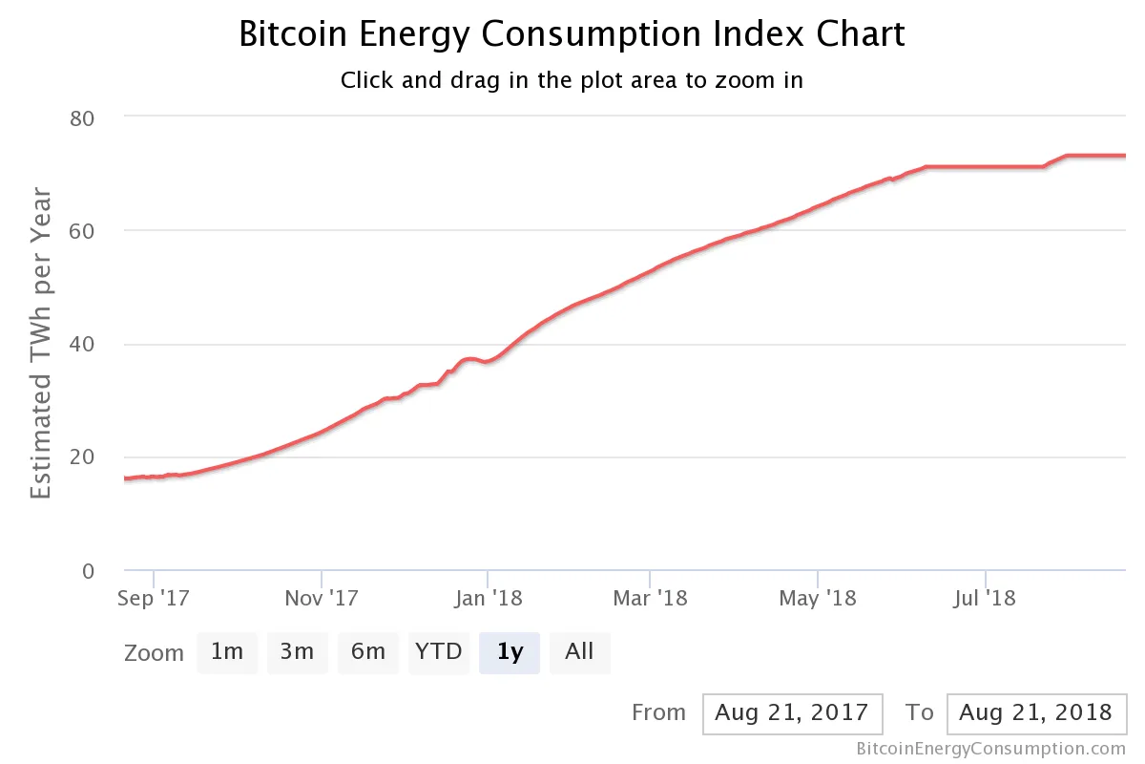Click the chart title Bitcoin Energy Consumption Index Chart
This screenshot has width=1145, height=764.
[x=572, y=34]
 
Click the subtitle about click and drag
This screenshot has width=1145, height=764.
[x=572, y=80]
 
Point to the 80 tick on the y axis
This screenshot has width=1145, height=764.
[x=83, y=117]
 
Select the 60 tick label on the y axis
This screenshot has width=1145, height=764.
[x=83, y=231]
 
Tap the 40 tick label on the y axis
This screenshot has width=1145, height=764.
[x=83, y=345]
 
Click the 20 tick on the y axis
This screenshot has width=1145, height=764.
[x=83, y=457]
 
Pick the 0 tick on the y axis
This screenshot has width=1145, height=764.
[x=89, y=571]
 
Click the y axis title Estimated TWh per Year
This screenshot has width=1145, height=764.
[x=41, y=344]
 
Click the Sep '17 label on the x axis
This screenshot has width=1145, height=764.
[x=154, y=600]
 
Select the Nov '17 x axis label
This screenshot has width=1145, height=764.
[x=322, y=600]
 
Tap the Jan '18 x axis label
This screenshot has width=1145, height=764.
[x=488, y=600]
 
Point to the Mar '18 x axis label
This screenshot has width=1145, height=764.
[x=650, y=600]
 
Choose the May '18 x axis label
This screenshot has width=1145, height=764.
[x=818, y=600]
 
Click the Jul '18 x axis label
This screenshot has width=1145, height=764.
[x=985, y=600]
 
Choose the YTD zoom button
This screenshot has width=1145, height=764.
[x=439, y=652]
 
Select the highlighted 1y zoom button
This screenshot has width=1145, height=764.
[x=510, y=652]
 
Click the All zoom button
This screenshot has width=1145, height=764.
[x=579, y=652]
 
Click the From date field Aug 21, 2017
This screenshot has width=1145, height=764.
[x=792, y=712]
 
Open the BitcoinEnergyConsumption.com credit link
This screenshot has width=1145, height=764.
[x=990, y=749]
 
